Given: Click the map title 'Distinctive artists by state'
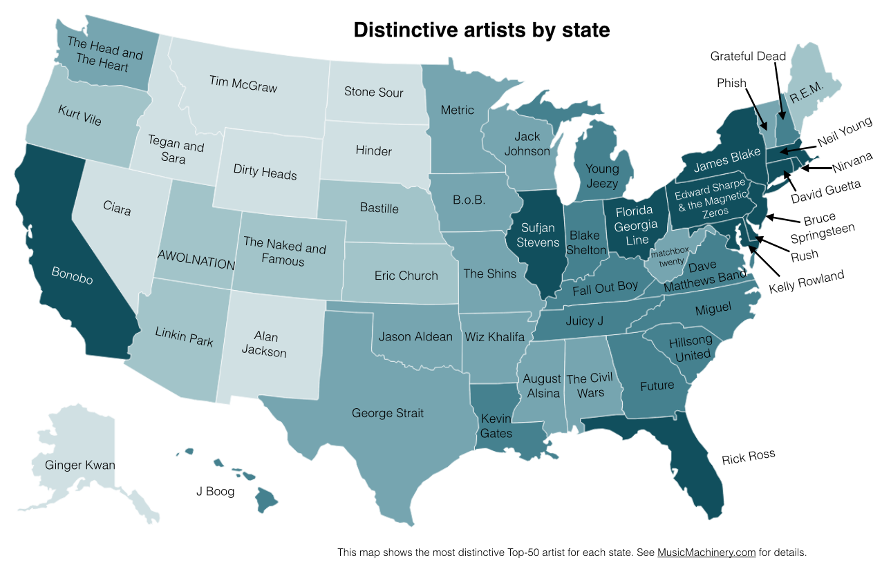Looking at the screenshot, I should tap(482, 30).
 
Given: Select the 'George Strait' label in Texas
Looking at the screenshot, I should tap(388, 414).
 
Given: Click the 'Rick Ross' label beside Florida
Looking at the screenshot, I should tap(748, 457).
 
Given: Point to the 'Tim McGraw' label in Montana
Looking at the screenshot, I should tap(243, 84).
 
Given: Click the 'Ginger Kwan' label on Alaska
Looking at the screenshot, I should tap(79, 465).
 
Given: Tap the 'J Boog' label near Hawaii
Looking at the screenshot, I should tap(215, 492).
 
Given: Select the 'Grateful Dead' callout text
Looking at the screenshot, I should tap(748, 56).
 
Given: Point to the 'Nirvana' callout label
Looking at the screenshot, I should tap(852, 160).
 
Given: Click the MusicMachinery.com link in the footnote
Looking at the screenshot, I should tap(706, 552).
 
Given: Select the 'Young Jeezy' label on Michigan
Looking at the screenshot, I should tap(602, 176).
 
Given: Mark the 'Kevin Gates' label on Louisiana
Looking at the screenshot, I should tap(496, 426).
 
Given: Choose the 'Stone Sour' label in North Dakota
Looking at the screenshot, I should tap(373, 92).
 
